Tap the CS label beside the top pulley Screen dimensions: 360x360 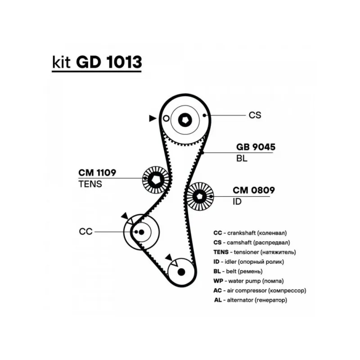[x=255, y=115]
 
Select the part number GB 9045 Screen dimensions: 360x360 [x=256, y=147]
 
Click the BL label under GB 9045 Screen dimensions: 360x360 [x=242, y=158]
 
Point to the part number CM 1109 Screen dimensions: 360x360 [x=97, y=172]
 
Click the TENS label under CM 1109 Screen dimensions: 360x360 [x=90, y=184]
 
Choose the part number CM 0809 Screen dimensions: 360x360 [x=253, y=190]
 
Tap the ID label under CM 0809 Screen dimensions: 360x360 [x=237, y=202]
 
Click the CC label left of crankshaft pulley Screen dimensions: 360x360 [x=85, y=231]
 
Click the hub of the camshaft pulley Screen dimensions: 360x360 [x=185, y=120]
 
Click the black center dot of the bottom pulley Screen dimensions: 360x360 [x=181, y=272]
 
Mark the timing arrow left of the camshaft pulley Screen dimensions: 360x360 [x=153, y=118]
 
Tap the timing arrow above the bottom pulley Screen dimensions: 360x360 [x=169, y=257]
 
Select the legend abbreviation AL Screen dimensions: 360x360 [x=219, y=300]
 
